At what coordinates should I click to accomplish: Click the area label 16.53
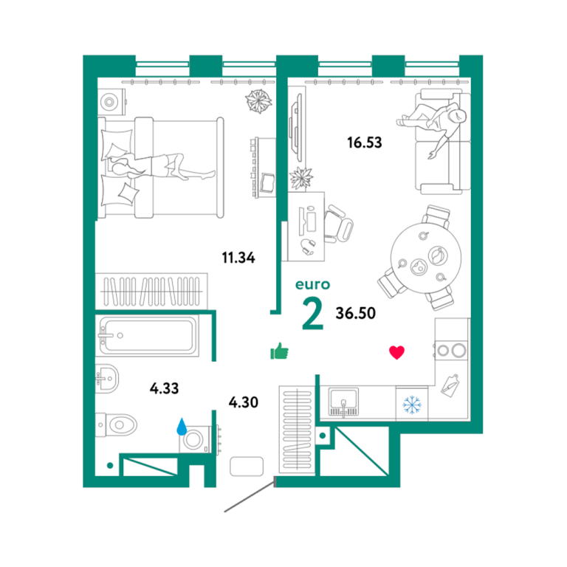(x=365, y=142)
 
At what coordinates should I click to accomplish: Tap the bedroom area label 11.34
(x=238, y=258)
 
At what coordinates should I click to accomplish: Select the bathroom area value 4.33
(x=164, y=388)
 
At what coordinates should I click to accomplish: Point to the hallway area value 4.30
(x=244, y=402)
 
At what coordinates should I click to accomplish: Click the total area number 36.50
(x=355, y=313)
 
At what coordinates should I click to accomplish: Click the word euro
(x=313, y=284)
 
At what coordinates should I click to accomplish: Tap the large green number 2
(x=312, y=314)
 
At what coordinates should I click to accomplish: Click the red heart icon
(x=396, y=353)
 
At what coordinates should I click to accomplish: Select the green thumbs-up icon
(x=280, y=351)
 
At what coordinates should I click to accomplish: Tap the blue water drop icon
(x=182, y=426)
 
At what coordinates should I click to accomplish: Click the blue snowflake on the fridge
(x=412, y=405)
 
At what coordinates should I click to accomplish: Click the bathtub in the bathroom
(x=147, y=336)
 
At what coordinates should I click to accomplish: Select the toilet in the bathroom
(x=117, y=425)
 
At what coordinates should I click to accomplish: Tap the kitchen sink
(x=343, y=402)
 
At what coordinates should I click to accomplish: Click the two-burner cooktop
(x=451, y=350)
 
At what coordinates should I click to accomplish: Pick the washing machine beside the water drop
(x=195, y=440)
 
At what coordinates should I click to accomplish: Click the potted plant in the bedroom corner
(x=258, y=101)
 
